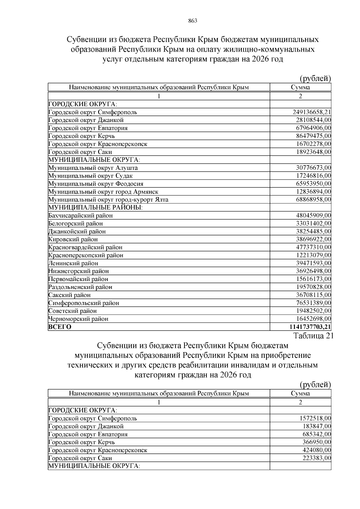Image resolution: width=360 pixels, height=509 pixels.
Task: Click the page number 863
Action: [193, 21]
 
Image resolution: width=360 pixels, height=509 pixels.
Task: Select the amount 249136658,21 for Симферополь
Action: [312, 112]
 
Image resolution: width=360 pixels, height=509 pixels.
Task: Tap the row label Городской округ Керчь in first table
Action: [82, 136]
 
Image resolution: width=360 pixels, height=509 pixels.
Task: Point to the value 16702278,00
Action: [313, 144]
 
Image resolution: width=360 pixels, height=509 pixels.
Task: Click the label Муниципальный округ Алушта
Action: [93, 168]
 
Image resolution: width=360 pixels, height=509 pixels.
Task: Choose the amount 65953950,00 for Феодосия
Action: [313, 184]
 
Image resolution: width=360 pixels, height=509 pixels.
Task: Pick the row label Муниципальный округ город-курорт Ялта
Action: [108, 200]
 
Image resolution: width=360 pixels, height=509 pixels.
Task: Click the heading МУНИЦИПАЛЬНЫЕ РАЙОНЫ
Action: [95, 208]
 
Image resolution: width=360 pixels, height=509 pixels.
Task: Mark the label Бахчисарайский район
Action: [80, 216]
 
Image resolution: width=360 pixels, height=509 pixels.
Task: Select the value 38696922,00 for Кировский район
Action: [313, 239]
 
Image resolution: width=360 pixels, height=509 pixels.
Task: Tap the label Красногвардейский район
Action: [85, 247]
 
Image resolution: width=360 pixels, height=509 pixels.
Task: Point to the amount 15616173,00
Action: [313, 279]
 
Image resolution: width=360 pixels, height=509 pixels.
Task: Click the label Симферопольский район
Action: [84, 303]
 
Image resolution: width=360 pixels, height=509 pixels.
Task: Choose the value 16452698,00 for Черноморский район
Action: [313, 319]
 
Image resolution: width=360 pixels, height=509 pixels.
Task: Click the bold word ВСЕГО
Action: [60, 327]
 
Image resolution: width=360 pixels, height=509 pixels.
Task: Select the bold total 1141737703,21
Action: [310, 327]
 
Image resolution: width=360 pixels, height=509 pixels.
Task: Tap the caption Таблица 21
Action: [313, 336]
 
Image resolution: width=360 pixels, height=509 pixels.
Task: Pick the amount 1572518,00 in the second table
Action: [315, 418]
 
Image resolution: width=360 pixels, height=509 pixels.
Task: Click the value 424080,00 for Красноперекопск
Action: [317, 450]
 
